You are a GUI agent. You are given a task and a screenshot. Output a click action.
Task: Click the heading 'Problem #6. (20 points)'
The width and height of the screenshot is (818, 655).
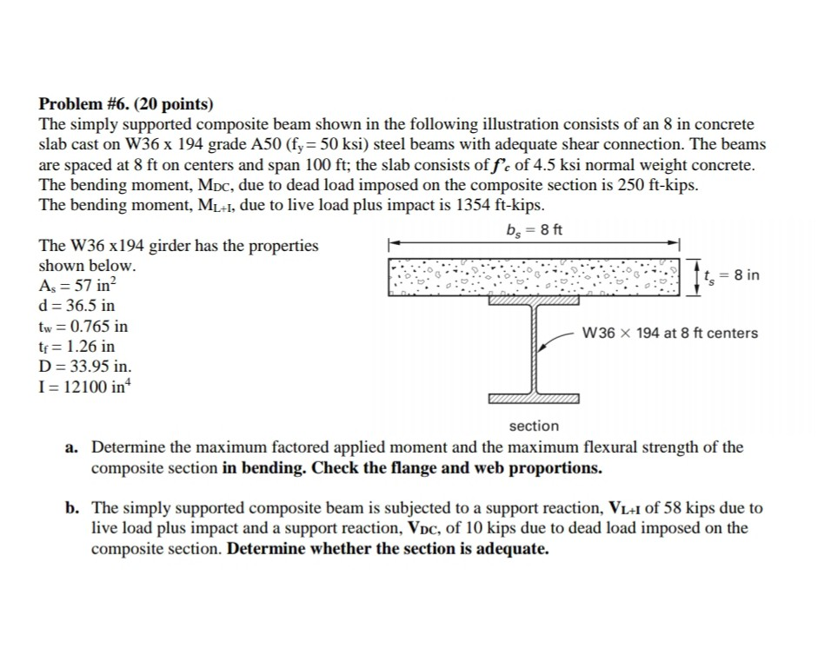pyautogui.click(x=126, y=105)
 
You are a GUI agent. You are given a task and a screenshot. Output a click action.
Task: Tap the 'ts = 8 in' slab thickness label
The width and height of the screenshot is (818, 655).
pyautogui.click(x=730, y=275)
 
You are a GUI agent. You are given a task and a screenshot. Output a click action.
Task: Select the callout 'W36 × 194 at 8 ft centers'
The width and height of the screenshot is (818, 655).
pyautogui.click(x=669, y=333)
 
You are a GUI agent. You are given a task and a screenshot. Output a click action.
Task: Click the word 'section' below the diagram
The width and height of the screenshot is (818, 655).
pyautogui.click(x=534, y=426)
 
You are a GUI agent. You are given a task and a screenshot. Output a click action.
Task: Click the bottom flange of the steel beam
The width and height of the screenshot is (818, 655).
pyautogui.click(x=534, y=399)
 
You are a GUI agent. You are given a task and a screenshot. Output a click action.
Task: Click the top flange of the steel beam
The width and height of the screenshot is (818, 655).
pyautogui.click(x=534, y=301)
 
